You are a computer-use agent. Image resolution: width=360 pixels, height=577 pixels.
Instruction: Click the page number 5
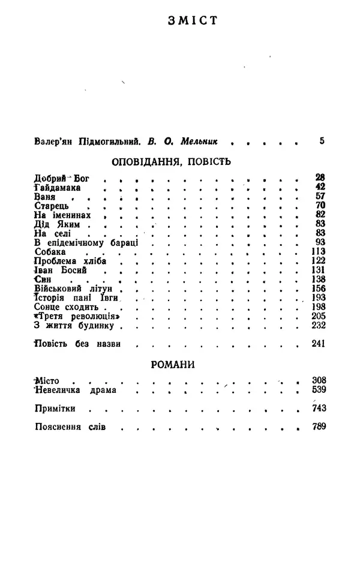click(x=322, y=142)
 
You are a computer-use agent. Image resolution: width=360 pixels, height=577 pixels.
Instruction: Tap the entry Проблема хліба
click(x=65, y=261)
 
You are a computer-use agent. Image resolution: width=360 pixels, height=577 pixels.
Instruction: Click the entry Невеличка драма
click(x=75, y=390)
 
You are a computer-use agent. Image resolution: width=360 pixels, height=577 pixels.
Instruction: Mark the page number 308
click(x=318, y=380)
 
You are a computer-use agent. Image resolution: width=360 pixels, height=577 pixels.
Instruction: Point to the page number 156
click(x=318, y=288)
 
